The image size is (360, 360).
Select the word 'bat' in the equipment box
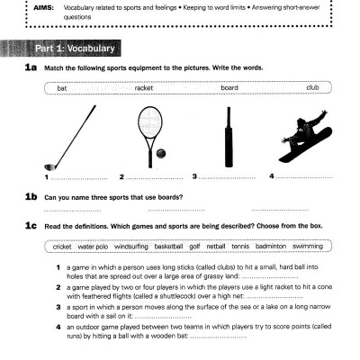[x=62, y=88]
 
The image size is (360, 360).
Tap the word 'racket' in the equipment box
[x=144, y=88]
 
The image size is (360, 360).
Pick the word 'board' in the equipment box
[x=229, y=88]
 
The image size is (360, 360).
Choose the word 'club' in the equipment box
[x=312, y=88]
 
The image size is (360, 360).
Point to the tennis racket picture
[x=149, y=130]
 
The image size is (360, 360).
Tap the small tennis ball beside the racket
[x=161, y=155]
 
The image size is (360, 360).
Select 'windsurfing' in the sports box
[x=131, y=245]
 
